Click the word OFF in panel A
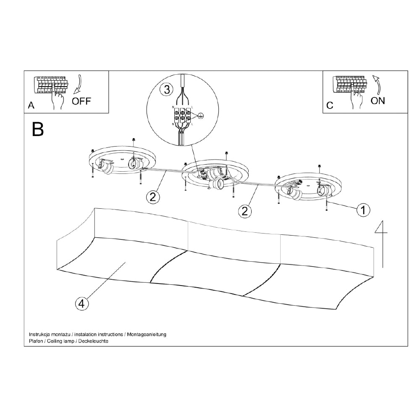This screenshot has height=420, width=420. pos(81,101)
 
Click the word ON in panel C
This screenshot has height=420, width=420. pos(378,100)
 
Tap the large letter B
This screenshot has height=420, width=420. pos(38,130)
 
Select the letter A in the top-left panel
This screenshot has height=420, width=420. pos(31,106)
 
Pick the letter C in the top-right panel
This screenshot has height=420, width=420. pos(330,105)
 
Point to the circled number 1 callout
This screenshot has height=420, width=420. pos(363,210)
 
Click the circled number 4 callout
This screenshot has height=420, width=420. pos(82,303)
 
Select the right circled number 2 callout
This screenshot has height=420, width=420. pos(245,211)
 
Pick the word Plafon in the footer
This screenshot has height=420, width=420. pos(36,341)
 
